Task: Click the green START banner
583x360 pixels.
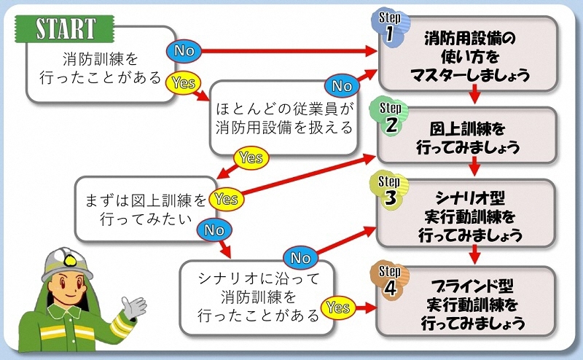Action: pos(66,29)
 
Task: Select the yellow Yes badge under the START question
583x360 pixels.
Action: pos(183,83)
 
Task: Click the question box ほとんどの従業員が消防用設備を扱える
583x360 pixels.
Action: pos(284,118)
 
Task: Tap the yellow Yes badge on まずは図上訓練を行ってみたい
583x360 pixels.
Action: pos(226,198)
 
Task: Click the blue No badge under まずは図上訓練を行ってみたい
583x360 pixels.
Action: pos(214,230)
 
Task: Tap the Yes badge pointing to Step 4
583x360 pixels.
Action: pos(338,308)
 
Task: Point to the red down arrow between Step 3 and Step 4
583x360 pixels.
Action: pos(474,254)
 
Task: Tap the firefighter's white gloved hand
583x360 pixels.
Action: pos(133,306)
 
